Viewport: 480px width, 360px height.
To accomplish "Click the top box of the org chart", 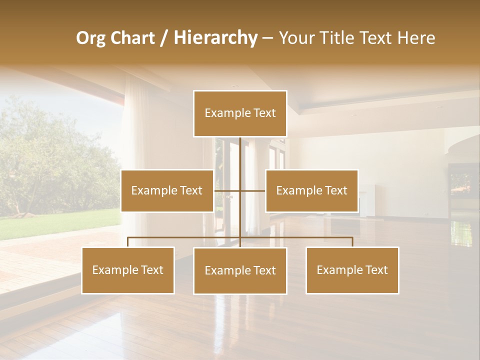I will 240,113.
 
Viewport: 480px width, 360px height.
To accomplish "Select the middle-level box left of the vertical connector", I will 167,190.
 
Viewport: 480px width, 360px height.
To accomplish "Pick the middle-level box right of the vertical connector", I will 311,190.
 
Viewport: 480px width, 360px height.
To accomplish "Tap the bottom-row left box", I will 128,270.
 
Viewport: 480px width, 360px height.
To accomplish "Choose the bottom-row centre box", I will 240,270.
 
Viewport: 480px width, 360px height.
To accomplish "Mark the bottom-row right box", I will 352,270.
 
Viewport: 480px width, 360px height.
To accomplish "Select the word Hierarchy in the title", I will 215,38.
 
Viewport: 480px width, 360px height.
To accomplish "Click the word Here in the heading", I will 416,38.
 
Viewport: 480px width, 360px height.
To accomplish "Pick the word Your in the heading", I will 297,38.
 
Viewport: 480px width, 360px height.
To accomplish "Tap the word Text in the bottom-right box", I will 376,270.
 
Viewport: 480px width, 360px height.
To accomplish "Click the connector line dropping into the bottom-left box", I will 128,242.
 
